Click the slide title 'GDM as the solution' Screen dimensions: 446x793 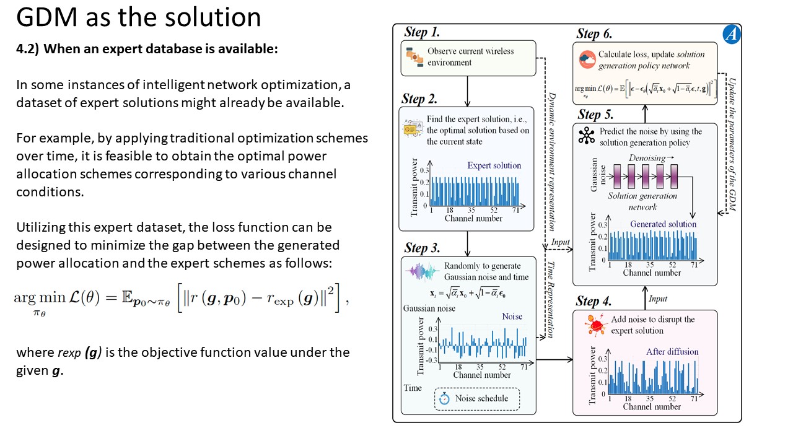(x=138, y=17)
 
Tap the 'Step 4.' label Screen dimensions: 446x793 (x=594, y=302)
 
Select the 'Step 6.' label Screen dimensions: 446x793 (x=595, y=33)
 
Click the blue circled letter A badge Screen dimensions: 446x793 (x=731, y=35)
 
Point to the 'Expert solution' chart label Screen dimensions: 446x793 (x=494, y=165)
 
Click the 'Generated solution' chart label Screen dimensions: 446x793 (x=663, y=224)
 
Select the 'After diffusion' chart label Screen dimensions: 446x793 (x=672, y=352)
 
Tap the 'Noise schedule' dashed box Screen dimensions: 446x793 (x=477, y=398)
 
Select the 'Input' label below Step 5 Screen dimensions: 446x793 (x=657, y=299)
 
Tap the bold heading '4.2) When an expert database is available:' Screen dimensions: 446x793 (x=147, y=50)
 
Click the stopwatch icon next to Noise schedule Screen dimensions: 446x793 (x=444, y=399)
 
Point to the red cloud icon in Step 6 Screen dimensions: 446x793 (x=587, y=60)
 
